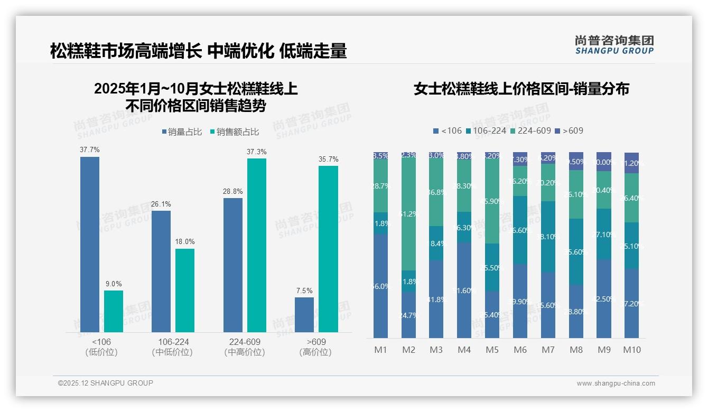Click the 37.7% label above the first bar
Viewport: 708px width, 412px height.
[90, 150]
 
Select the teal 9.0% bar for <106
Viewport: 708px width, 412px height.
[114, 311]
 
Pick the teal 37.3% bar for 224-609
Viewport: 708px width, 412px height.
[257, 245]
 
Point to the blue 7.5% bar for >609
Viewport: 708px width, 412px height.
[304, 315]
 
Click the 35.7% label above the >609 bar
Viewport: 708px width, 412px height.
[329, 160]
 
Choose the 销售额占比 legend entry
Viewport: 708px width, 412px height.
[234, 132]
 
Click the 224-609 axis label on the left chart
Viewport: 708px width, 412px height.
[245, 342]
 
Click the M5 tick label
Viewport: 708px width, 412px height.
[492, 350]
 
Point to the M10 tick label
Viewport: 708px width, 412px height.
[632, 350]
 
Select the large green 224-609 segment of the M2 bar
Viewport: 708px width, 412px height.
[408, 214]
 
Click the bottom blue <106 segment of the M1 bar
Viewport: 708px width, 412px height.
[380, 286]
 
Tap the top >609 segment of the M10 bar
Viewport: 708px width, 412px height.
[632, 163]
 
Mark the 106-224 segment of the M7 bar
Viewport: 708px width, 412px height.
[548, 237]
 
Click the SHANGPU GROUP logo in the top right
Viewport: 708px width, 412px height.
[614, 45]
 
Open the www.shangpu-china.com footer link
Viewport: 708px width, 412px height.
[616, 383]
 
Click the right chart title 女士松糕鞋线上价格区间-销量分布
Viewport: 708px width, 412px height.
[521, 89]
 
